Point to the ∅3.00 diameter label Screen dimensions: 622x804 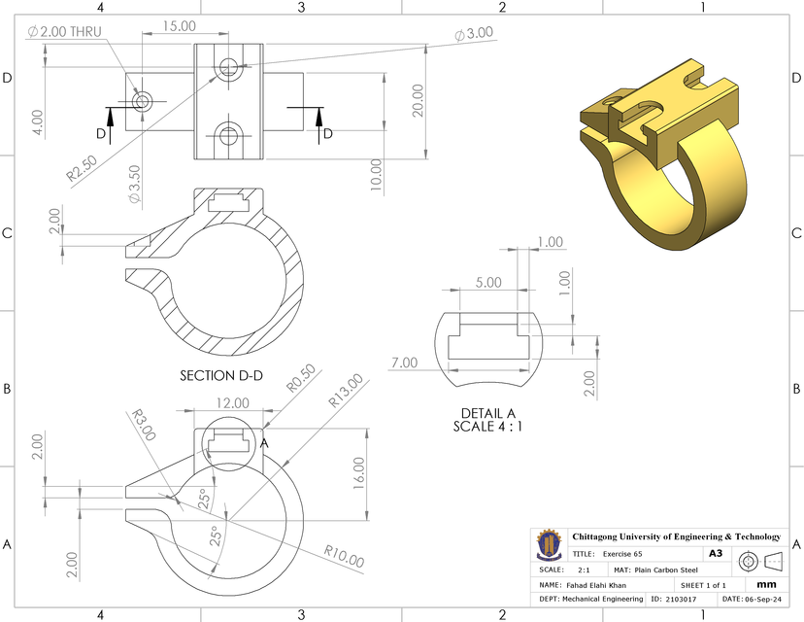(x=473, y=33)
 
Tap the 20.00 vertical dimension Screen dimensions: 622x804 (x=417, y=99)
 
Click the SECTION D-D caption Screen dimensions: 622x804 (x=221, y=375)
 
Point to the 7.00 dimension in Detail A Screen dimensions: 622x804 (x=404, y=363)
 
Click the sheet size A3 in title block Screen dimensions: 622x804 (x=716, y=553)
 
